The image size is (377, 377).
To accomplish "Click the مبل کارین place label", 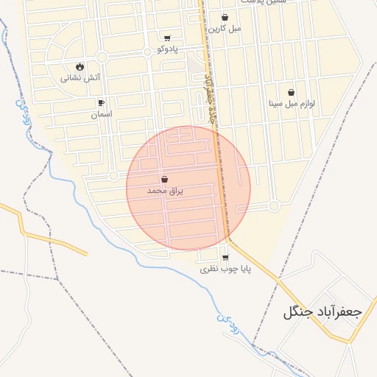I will click(x=225, y=29).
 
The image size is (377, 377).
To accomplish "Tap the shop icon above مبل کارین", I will click(x=225, y=17).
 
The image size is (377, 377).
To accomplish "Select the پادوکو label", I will click(x=168, y=49).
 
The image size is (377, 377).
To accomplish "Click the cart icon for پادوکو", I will click(x=168, y=38).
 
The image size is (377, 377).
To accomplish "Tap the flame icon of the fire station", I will click(x=80, y=66).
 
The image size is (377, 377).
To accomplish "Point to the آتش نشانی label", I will click(x=77, y=77).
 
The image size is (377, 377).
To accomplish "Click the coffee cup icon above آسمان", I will click(x=101, y=103).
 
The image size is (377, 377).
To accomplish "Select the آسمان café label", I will click(x=101, y=115).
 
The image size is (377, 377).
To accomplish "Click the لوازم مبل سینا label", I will click(x=292, y=104).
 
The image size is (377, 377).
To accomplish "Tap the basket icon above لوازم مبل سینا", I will click(x=292, y=93).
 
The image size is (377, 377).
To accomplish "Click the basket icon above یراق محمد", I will click(x=164, y=180).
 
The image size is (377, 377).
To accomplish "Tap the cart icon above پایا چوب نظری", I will click(x=225, y=258).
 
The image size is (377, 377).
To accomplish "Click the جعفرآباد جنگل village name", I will click(x=322, y=311).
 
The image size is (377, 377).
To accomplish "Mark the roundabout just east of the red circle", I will click(x=274, y=206).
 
